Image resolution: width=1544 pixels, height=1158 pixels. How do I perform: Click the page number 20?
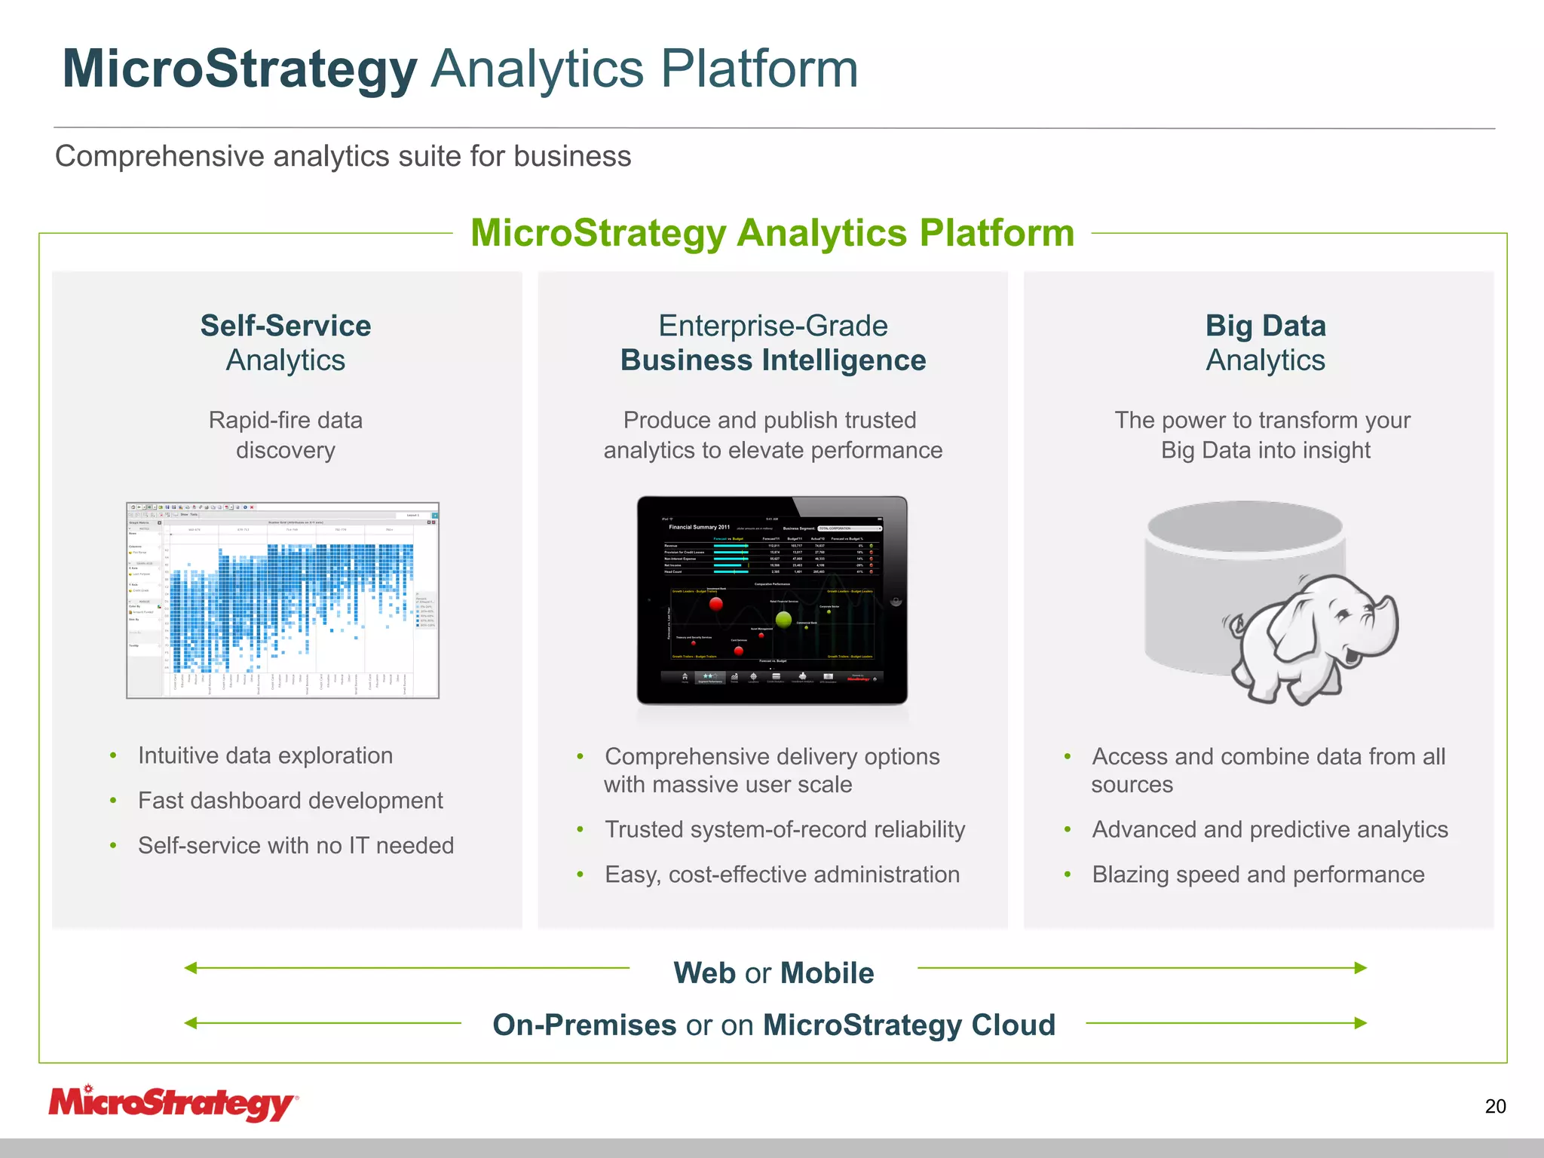click(x=1495, y=1106)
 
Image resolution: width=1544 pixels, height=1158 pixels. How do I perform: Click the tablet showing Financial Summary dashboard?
click(x=772, y=600)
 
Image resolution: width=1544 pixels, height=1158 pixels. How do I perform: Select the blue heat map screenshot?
click(x=283, y=600)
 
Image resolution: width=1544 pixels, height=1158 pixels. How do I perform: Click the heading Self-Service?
click(x=286, y=326)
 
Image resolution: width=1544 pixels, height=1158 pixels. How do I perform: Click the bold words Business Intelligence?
click(x=773, y=360)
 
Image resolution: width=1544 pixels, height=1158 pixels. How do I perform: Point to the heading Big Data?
click(x=1265, y=326)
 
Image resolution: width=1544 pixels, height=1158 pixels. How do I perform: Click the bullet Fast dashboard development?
click(x=290, y=800)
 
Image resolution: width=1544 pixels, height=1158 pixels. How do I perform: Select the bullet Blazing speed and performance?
click(x=1258, y=874)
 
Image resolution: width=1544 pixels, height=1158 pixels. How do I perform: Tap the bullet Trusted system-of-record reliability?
click(x=784, y=829)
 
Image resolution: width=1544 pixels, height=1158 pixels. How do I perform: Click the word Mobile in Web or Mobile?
click(x=827, y=973)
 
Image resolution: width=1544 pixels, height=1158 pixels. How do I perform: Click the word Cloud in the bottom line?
click(x=1012, y=1025)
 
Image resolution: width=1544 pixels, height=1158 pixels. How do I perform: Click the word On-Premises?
click(x=584, y=1025)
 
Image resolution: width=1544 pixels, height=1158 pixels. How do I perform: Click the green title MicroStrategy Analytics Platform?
click(x=772, y=232)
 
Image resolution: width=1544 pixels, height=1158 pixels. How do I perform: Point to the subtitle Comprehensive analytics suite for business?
click(x=343, y=156)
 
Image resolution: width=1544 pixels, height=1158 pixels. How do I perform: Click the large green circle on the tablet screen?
click(x=784, y=620)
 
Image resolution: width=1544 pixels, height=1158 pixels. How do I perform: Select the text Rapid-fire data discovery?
click(x=286, y=435)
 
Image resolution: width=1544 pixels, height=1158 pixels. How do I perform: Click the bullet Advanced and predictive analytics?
click(x=1270, y=829)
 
